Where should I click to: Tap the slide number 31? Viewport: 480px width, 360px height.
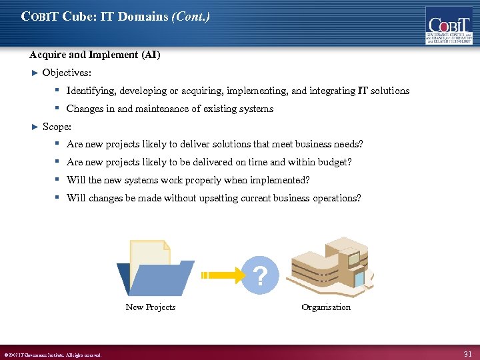[467, 353]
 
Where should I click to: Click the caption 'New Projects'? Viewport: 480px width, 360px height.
[151, 307]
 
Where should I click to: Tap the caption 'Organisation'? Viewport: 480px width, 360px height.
[326, 307]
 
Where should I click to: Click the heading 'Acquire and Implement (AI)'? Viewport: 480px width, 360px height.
[95, 55]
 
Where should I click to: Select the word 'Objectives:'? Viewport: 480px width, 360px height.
[67, 72]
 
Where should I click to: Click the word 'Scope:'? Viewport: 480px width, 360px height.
[57, 126]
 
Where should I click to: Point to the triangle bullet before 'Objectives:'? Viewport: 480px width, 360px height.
[35, 72]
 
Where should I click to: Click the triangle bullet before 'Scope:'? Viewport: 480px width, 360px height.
[35, 126]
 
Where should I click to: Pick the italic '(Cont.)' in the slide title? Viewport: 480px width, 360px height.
[191, 15]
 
